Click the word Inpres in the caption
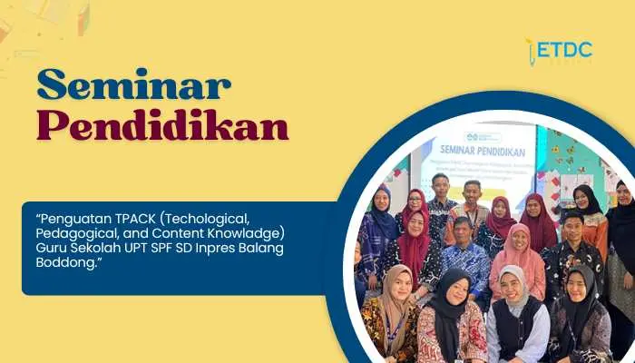(203, 246)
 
